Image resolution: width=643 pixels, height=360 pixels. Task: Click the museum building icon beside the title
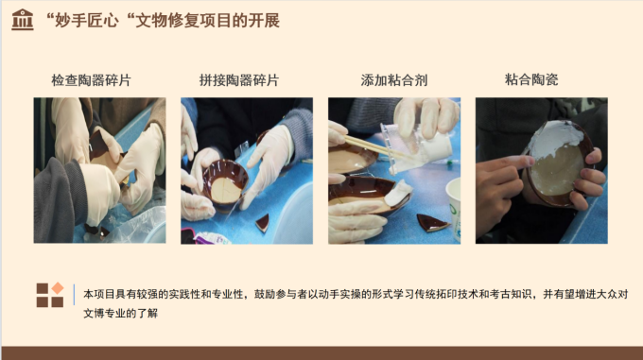[x=23, y=20]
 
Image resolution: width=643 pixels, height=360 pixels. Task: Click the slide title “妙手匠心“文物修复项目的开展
[x=164, y=21]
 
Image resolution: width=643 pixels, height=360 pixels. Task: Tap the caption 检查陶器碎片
[x=91, y=80]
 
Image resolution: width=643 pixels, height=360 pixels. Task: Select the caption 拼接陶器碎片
[x=239, y=80]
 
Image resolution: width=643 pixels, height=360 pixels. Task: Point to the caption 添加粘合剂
[x=394, y=80]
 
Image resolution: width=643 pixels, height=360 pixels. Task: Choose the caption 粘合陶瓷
[x=531, y=79]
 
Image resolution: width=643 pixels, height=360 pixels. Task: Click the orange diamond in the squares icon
[x=58, y=288]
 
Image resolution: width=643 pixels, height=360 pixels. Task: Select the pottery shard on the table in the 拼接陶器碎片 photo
[x=263, y=223]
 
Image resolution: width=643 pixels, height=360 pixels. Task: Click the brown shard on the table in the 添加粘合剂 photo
[x=433, y=223]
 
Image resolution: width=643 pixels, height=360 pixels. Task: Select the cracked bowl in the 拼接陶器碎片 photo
[x=225, y=184]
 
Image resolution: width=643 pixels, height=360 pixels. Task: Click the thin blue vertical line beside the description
[x=74, y=295]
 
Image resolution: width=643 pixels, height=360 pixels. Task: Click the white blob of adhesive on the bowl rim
[x=398, y=193]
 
